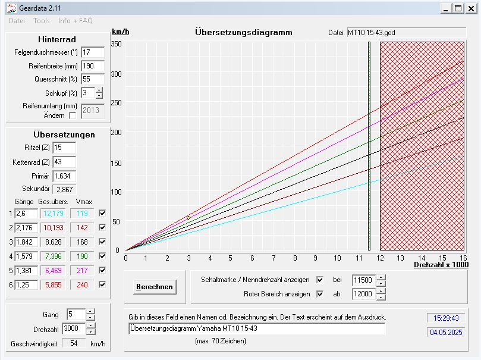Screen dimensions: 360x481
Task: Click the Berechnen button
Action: click(155, 287)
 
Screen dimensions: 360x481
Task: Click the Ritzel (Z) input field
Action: click(64, 147)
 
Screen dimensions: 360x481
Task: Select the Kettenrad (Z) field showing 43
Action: click(64, 162)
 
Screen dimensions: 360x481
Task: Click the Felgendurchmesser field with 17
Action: click(92, 52)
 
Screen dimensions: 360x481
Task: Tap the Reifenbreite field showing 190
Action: click(92, 65)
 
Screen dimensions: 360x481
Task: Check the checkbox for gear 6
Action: click(102, 285)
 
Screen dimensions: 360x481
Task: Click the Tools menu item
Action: click(42, 21)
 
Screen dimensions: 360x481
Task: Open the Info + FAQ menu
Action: click(76, 21)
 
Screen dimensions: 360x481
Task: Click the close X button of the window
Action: click(471, 8)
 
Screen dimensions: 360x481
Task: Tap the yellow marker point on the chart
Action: click(188, 218)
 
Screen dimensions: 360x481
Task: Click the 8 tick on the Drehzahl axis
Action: click(294, 258)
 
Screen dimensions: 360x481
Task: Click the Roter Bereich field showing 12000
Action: click(363, 294)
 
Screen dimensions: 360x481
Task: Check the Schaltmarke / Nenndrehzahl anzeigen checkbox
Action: click(320, 280)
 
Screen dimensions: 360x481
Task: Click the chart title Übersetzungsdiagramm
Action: click(244, 32)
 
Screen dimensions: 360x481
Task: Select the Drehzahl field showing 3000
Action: click(75, 329)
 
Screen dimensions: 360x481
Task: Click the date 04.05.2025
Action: click(446, 333)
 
